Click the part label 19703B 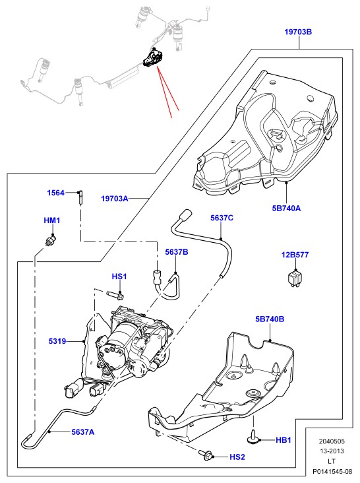tap(298, 32)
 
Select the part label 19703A tap(115, 199)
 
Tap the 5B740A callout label tap(286, 209)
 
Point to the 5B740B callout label tap(270, 319)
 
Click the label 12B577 tap(295, 255)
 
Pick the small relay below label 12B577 tap(295, 278)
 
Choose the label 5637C tap(222, 218)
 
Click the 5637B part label tap(177, 252)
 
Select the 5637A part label tap(83, 432)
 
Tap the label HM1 tap(52, 220)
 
